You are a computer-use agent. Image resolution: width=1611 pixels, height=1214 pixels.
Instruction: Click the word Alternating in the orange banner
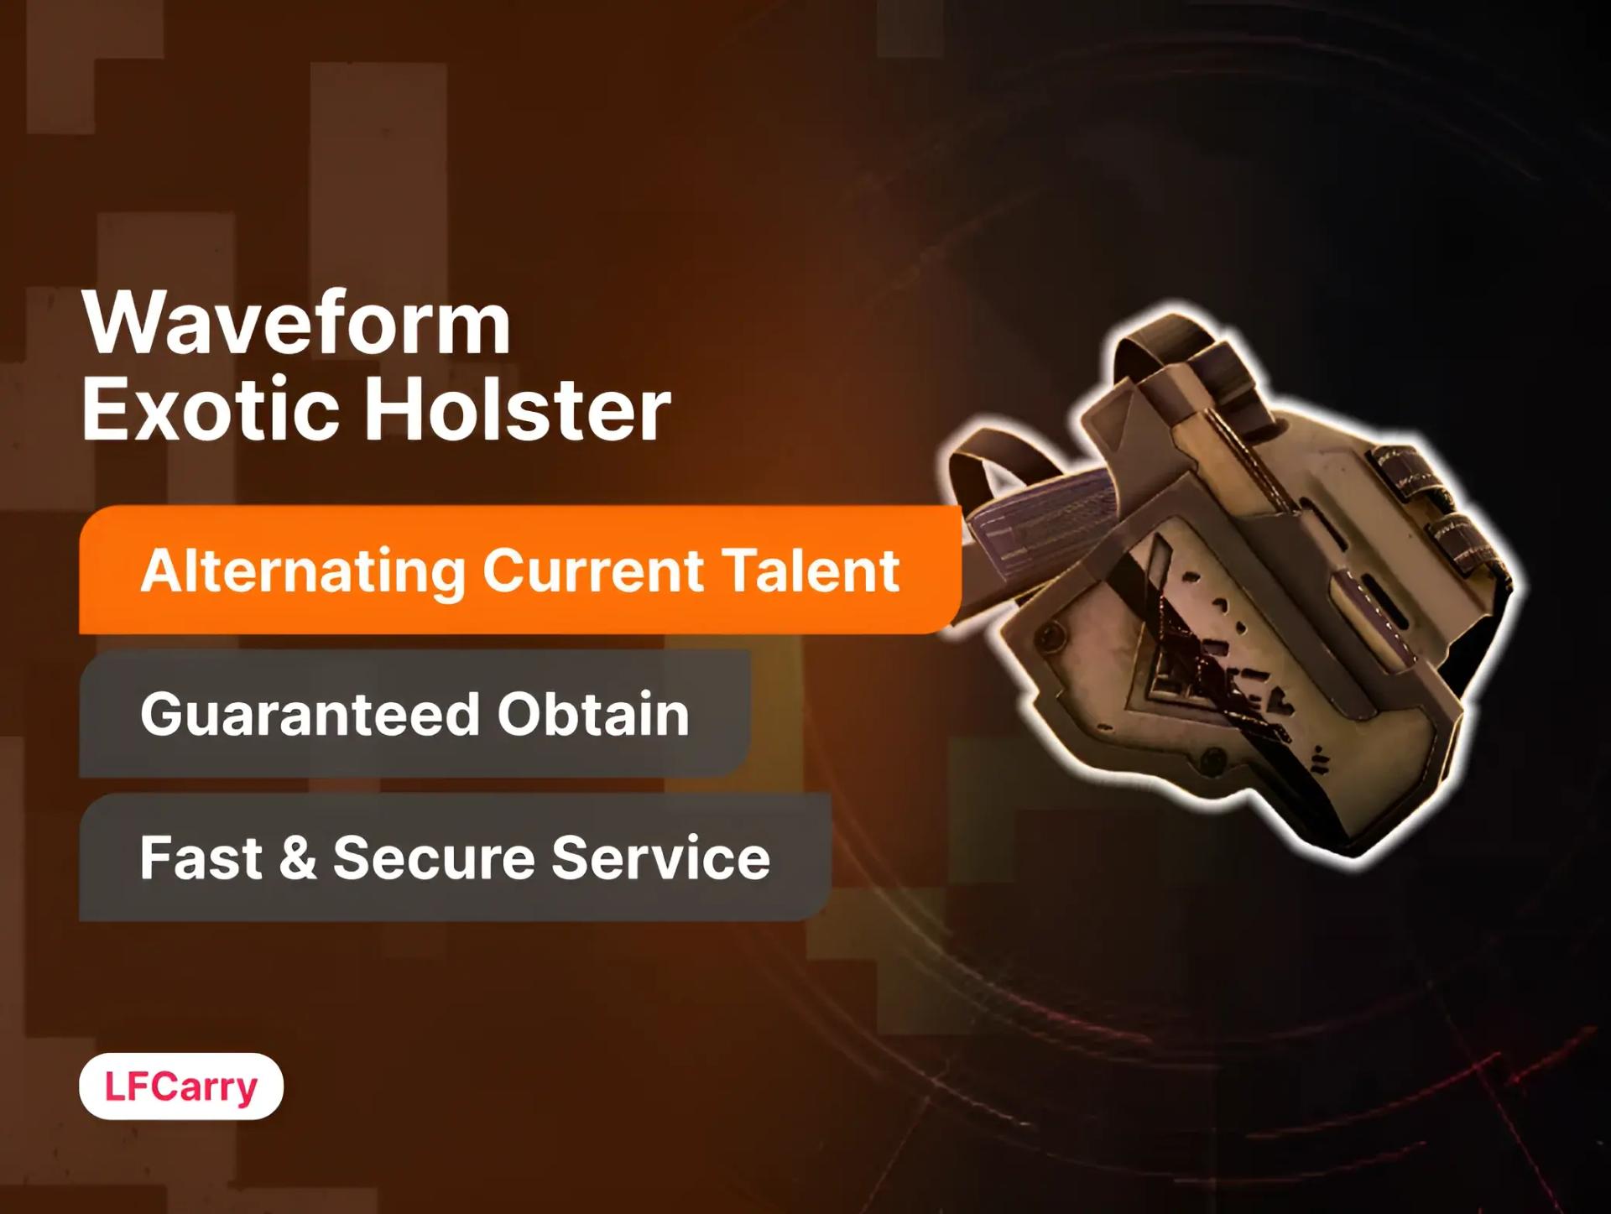pos(302,571)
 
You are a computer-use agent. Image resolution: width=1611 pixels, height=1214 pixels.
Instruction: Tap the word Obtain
pos(592,714)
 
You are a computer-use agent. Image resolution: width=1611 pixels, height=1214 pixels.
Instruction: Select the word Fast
pos(201,857)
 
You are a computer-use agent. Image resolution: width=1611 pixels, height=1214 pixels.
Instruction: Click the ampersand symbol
pos(298,857)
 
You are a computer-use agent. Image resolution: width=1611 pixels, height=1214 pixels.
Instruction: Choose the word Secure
pos(433,857)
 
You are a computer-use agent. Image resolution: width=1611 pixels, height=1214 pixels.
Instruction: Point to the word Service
pos(660,857)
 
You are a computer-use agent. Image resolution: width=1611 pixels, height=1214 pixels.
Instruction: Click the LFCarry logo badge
pos(181,1086)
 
